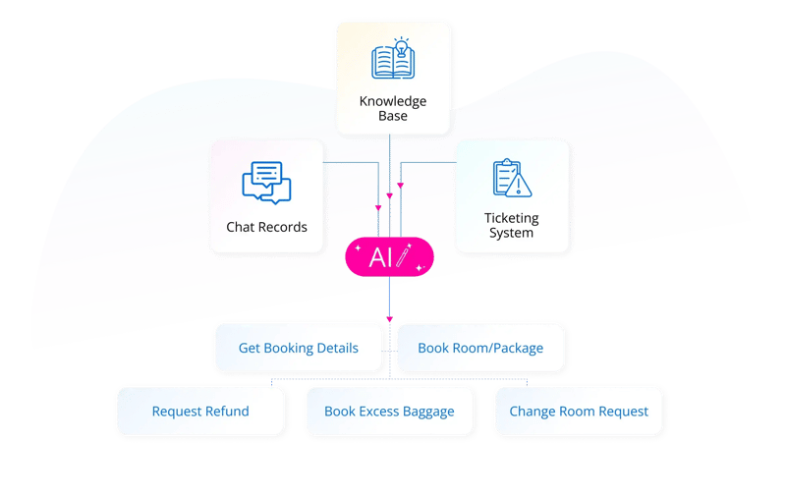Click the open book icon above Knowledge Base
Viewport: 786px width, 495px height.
tap(392, 60)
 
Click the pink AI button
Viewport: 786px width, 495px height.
tap(389, 257)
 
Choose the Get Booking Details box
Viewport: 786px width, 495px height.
tap(298, 348)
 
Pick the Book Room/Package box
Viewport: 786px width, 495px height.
tap(480, 348)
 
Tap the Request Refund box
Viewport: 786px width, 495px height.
tap(200, 411)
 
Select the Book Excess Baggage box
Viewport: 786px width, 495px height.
tap(389, 411)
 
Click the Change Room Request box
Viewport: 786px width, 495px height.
tap(579, 411)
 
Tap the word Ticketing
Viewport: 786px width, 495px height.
tap(511, 218)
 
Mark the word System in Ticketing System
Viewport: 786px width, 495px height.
tap(511, 233)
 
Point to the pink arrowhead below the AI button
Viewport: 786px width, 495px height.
tap(389, 319)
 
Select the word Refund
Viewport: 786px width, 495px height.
tap(227, 411)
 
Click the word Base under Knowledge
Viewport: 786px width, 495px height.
tap(392, 116)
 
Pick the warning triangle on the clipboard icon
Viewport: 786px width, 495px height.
tap(523, 185)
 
